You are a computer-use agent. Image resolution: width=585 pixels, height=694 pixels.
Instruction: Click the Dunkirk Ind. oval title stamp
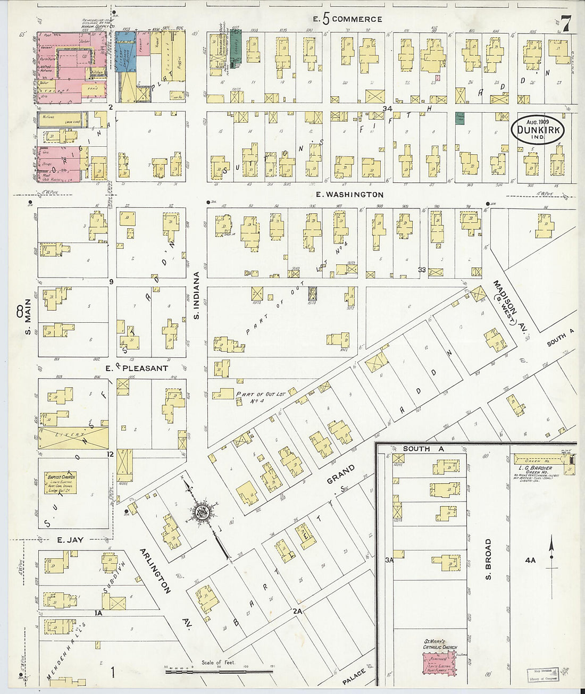click(x=539, y=129)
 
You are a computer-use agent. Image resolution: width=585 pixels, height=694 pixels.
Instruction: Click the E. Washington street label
click(x=349, y=195)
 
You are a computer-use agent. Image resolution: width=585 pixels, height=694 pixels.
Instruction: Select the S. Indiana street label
click(x=196, y=296)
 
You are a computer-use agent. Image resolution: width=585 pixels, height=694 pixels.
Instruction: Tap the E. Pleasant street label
click(x=137, y=368)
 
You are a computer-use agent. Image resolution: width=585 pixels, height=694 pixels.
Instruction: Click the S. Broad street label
click(x=488, y=559)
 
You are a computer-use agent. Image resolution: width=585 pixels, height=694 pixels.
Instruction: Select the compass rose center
click(x=203, y=513)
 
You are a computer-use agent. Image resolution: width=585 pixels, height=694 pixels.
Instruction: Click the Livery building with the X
click(x=73, y=438)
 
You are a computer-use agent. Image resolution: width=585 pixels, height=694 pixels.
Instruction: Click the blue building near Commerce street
click(x=126, y=56)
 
